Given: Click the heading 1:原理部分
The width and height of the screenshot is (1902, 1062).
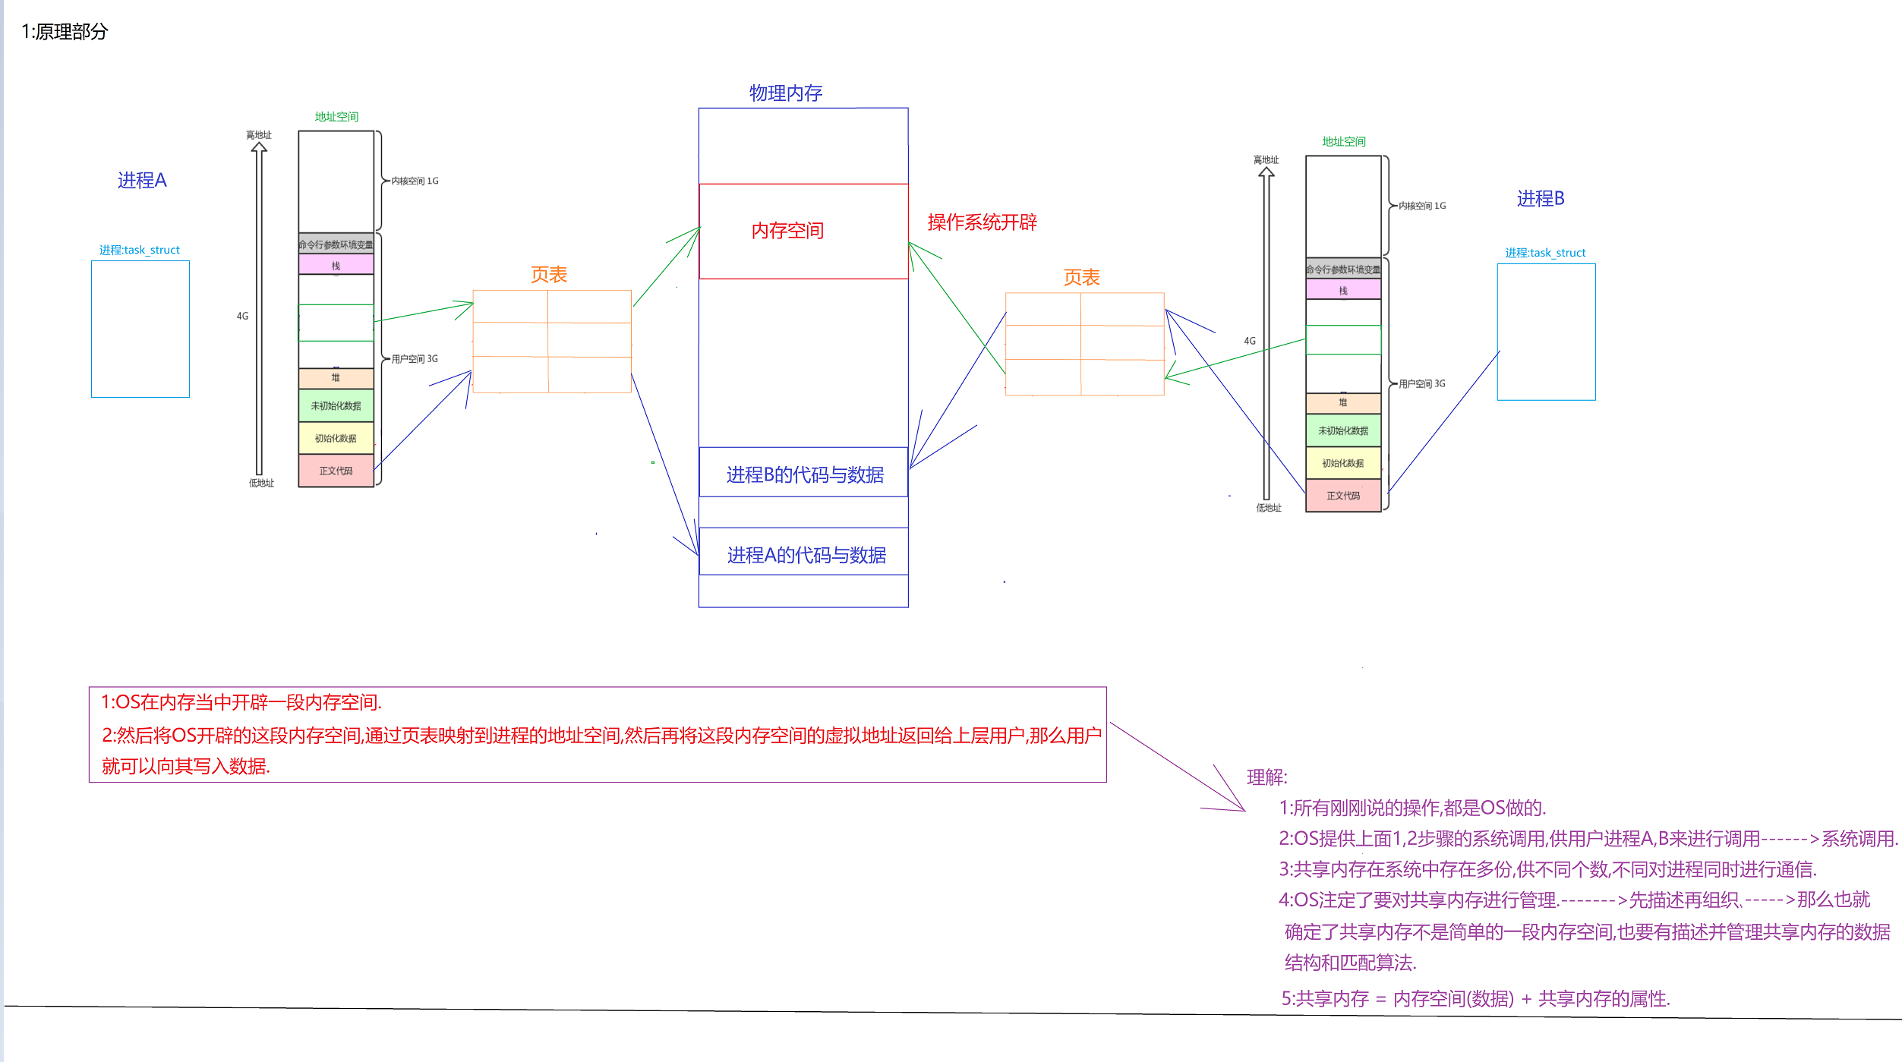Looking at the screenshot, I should (65, 32).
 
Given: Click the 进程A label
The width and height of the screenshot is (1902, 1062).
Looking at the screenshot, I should (142, 181).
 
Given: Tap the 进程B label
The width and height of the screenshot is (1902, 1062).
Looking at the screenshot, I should (1541, 199).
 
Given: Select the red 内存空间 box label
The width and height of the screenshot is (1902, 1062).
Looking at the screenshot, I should (787, 231).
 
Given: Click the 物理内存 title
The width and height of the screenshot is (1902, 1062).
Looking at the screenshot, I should (786, 93).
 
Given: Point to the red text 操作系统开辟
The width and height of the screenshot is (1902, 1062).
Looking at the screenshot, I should (982, 222).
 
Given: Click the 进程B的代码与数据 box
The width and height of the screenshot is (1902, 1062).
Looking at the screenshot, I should (804, 474).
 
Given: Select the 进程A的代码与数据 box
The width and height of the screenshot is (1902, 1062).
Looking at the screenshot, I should (806, 555).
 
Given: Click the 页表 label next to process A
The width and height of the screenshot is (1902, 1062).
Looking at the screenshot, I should (549, 275).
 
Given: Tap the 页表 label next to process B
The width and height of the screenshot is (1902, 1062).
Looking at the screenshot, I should (1081, 278).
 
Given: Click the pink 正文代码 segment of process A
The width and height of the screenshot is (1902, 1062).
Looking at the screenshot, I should (336, 471).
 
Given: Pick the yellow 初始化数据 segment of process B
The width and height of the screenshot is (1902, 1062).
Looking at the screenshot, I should (1342, 463).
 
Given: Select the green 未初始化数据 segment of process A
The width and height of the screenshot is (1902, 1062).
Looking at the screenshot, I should (336, 406).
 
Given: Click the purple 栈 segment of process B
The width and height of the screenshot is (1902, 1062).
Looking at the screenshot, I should (1343, 291).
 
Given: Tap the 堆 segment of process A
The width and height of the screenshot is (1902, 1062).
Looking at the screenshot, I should (336, 378).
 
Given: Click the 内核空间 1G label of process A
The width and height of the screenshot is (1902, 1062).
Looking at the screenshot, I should (415, 181).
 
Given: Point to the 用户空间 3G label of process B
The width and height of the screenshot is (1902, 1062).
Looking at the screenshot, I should (1421, 384).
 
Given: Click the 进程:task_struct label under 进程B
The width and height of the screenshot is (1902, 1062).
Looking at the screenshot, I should (1545, 253).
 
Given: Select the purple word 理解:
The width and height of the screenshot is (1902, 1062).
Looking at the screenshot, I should (1266, 777).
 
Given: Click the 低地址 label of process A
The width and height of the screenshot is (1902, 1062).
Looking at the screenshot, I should (261, 484).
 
